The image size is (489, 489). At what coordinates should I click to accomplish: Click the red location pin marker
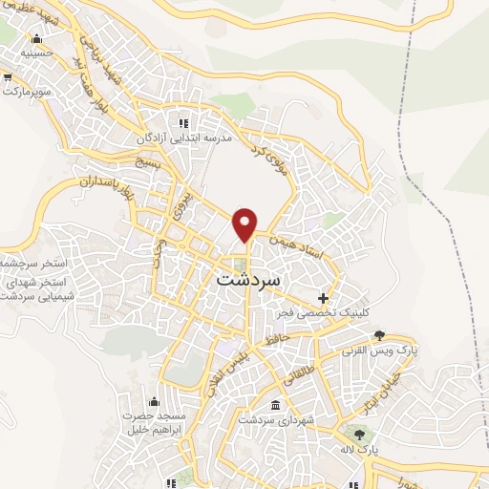click(x=245, y=223)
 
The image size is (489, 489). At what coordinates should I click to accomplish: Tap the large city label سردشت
click(x=249, y=281)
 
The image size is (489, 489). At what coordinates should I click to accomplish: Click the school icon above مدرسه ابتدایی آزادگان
click(x=184, y=122)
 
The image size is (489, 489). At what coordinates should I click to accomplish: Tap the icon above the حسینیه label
click(x=37, y=39)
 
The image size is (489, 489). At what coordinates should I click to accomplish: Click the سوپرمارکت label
click(x=25, y=94)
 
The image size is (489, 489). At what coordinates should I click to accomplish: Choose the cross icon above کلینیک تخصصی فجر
click(x=325, y=298)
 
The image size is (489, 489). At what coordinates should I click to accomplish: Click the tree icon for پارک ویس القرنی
click(x=379, y=334)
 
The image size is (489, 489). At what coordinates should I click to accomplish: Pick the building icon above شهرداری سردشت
click(x=276, y=404)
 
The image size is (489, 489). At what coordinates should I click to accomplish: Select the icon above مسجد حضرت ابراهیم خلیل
click(x=155, y=400)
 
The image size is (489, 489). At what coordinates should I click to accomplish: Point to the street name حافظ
click(x=278, y=338)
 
